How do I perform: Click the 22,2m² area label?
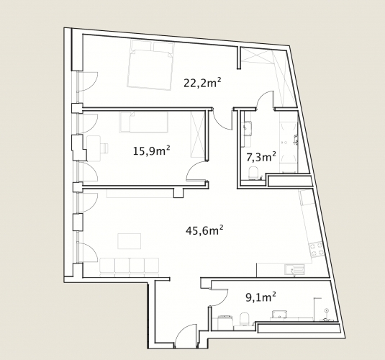(x=202, y=83)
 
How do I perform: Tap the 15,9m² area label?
(x=152, y=150)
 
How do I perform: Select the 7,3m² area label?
(x=261, y=157)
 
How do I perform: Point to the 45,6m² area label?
(x=204, y=230)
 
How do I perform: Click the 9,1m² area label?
(x=261, y=297)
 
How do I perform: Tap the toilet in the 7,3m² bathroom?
(x=253, y=173)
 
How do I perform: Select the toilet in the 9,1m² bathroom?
(x=245, y=319)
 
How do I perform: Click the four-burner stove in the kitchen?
(x=317, y=249)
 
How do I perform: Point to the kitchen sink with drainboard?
(x=294, y=269)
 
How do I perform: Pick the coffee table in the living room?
(x=130, y=241)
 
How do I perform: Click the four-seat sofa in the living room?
(x=130, y=268)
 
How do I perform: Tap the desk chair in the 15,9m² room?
(x=104, y=148)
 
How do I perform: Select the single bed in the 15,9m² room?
(x=144, y=122)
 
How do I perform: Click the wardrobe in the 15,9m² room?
(x=198, y=134)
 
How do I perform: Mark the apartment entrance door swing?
(x=186, y=336)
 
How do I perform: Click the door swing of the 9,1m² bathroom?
(x=219, y=297)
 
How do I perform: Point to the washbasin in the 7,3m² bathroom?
(x=248, y=129)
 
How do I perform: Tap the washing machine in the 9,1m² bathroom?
(x=225, y=323)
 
